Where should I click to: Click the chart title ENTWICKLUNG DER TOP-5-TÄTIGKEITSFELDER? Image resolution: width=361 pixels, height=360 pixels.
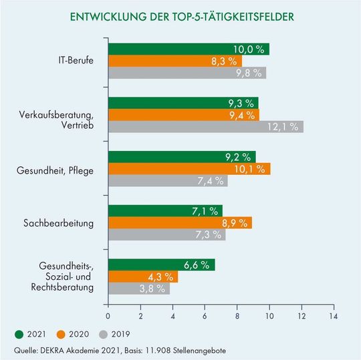180,16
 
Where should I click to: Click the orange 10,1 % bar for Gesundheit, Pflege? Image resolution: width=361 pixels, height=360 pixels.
189,168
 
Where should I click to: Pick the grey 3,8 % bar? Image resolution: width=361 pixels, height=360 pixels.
138,289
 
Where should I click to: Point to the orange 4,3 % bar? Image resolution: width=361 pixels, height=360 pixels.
142,277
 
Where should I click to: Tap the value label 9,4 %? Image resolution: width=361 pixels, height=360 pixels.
239,115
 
